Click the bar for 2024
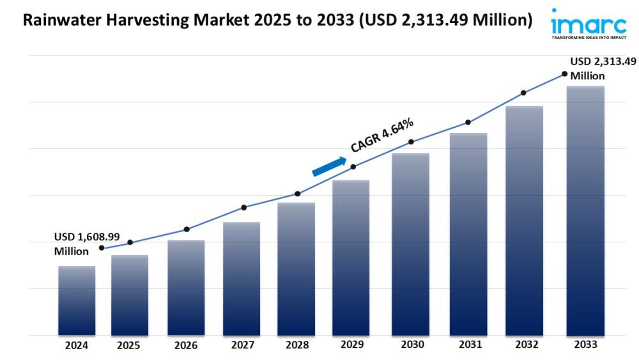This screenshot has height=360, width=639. tap(77, 301)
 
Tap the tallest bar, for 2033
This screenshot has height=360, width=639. tap(585, 211)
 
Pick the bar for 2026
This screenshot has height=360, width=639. tap(186, 288)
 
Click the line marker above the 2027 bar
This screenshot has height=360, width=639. tap(243, 207)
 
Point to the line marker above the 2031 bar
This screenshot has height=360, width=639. tap(468, 122)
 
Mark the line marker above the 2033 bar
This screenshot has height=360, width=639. tap(564, 74)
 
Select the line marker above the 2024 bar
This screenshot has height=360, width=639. tap(102, 248)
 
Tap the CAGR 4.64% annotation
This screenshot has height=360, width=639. tap(382, 135)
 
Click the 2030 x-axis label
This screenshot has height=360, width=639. tap(412, 345)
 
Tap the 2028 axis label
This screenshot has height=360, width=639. tap(296, 345)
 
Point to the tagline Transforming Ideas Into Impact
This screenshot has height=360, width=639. tap(589, 38)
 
